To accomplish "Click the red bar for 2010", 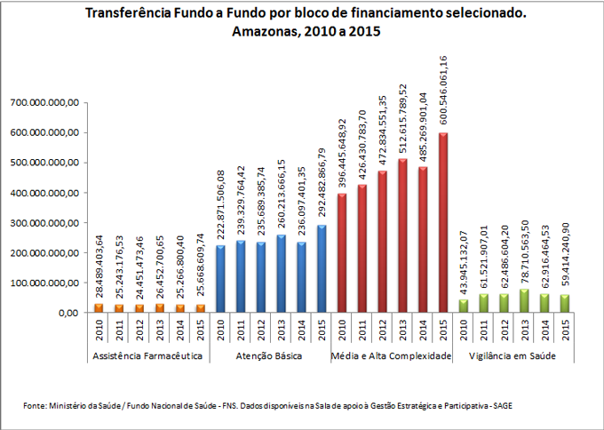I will (x=341, y=253).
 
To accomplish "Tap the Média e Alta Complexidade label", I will (x=390, y=356).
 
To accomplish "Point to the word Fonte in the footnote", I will (x=36, y=406).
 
